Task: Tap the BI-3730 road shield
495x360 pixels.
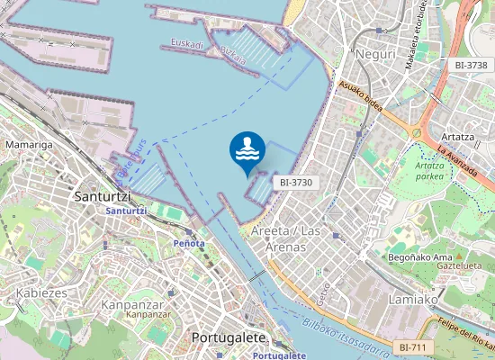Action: point(295,182)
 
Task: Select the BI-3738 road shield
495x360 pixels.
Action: point(471,65)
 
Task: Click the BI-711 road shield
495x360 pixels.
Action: point(415,346)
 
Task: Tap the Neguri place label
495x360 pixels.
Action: point(376,55)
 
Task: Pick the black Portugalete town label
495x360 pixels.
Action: point(229,337)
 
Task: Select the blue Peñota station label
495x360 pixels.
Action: point(188,243)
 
